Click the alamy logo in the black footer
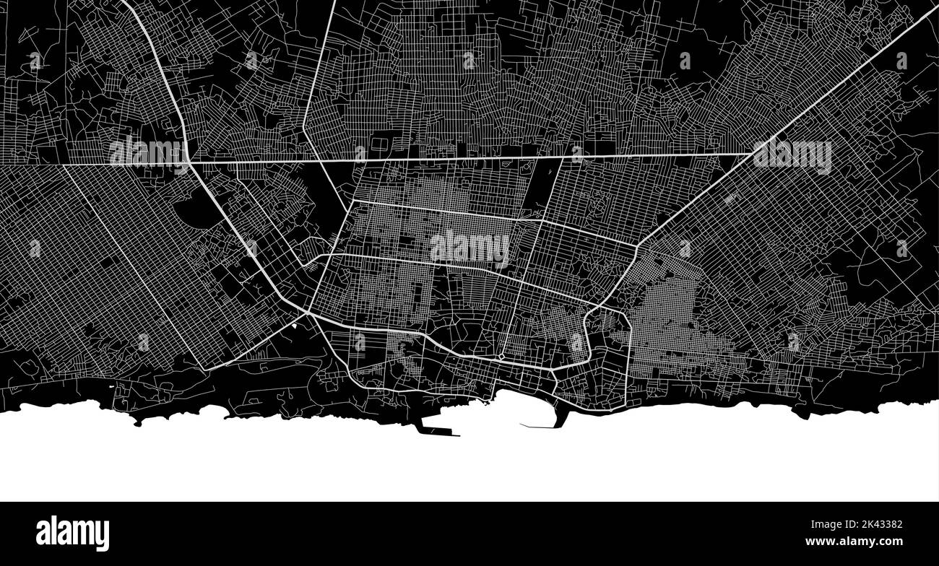(72, 534)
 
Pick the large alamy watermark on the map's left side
(147, 152)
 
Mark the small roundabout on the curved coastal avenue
(501, 356)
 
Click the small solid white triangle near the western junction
(296, 326)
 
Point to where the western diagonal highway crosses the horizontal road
(189, 162)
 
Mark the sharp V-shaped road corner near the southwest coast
(207, 370)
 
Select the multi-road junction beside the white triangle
(308, 313)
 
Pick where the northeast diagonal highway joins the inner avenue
(636, 246)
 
